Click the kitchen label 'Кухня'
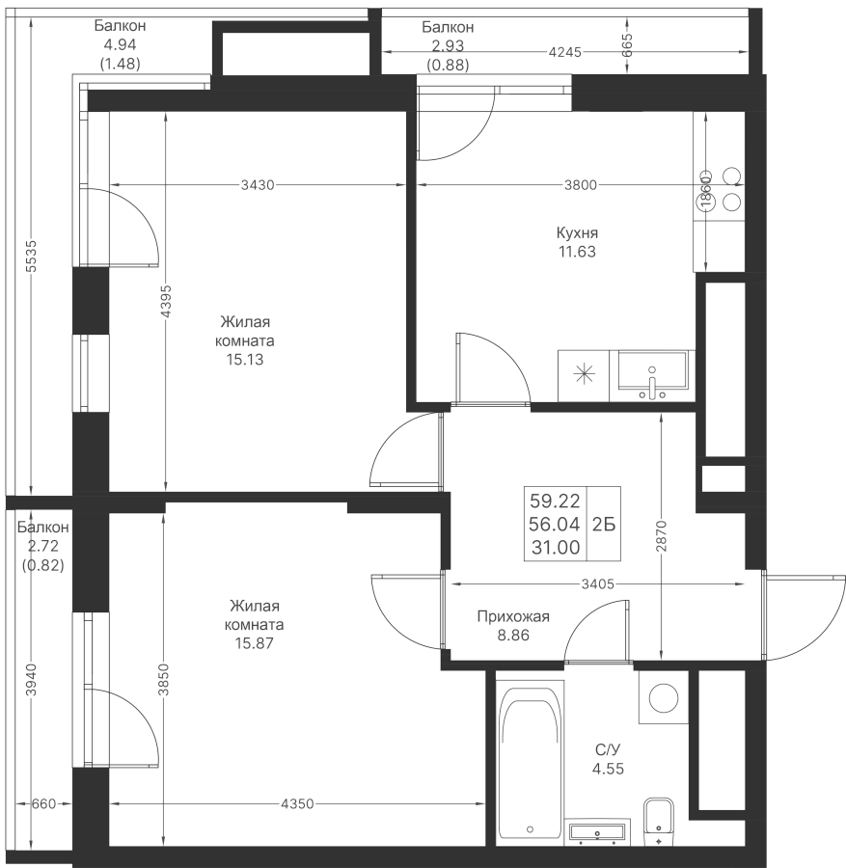point(577,233)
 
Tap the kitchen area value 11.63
point(577,252)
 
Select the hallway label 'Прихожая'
point(513,617)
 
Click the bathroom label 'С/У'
point(607,749)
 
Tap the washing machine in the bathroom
point(664,697)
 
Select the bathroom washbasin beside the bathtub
point(598,831)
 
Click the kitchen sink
point(653,375)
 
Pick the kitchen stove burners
point(731,190)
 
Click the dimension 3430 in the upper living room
point(258,185)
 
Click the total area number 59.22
point(554,501)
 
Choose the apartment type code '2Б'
point(604,524)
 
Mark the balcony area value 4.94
point(121,44)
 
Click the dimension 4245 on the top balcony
point(564,53)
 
